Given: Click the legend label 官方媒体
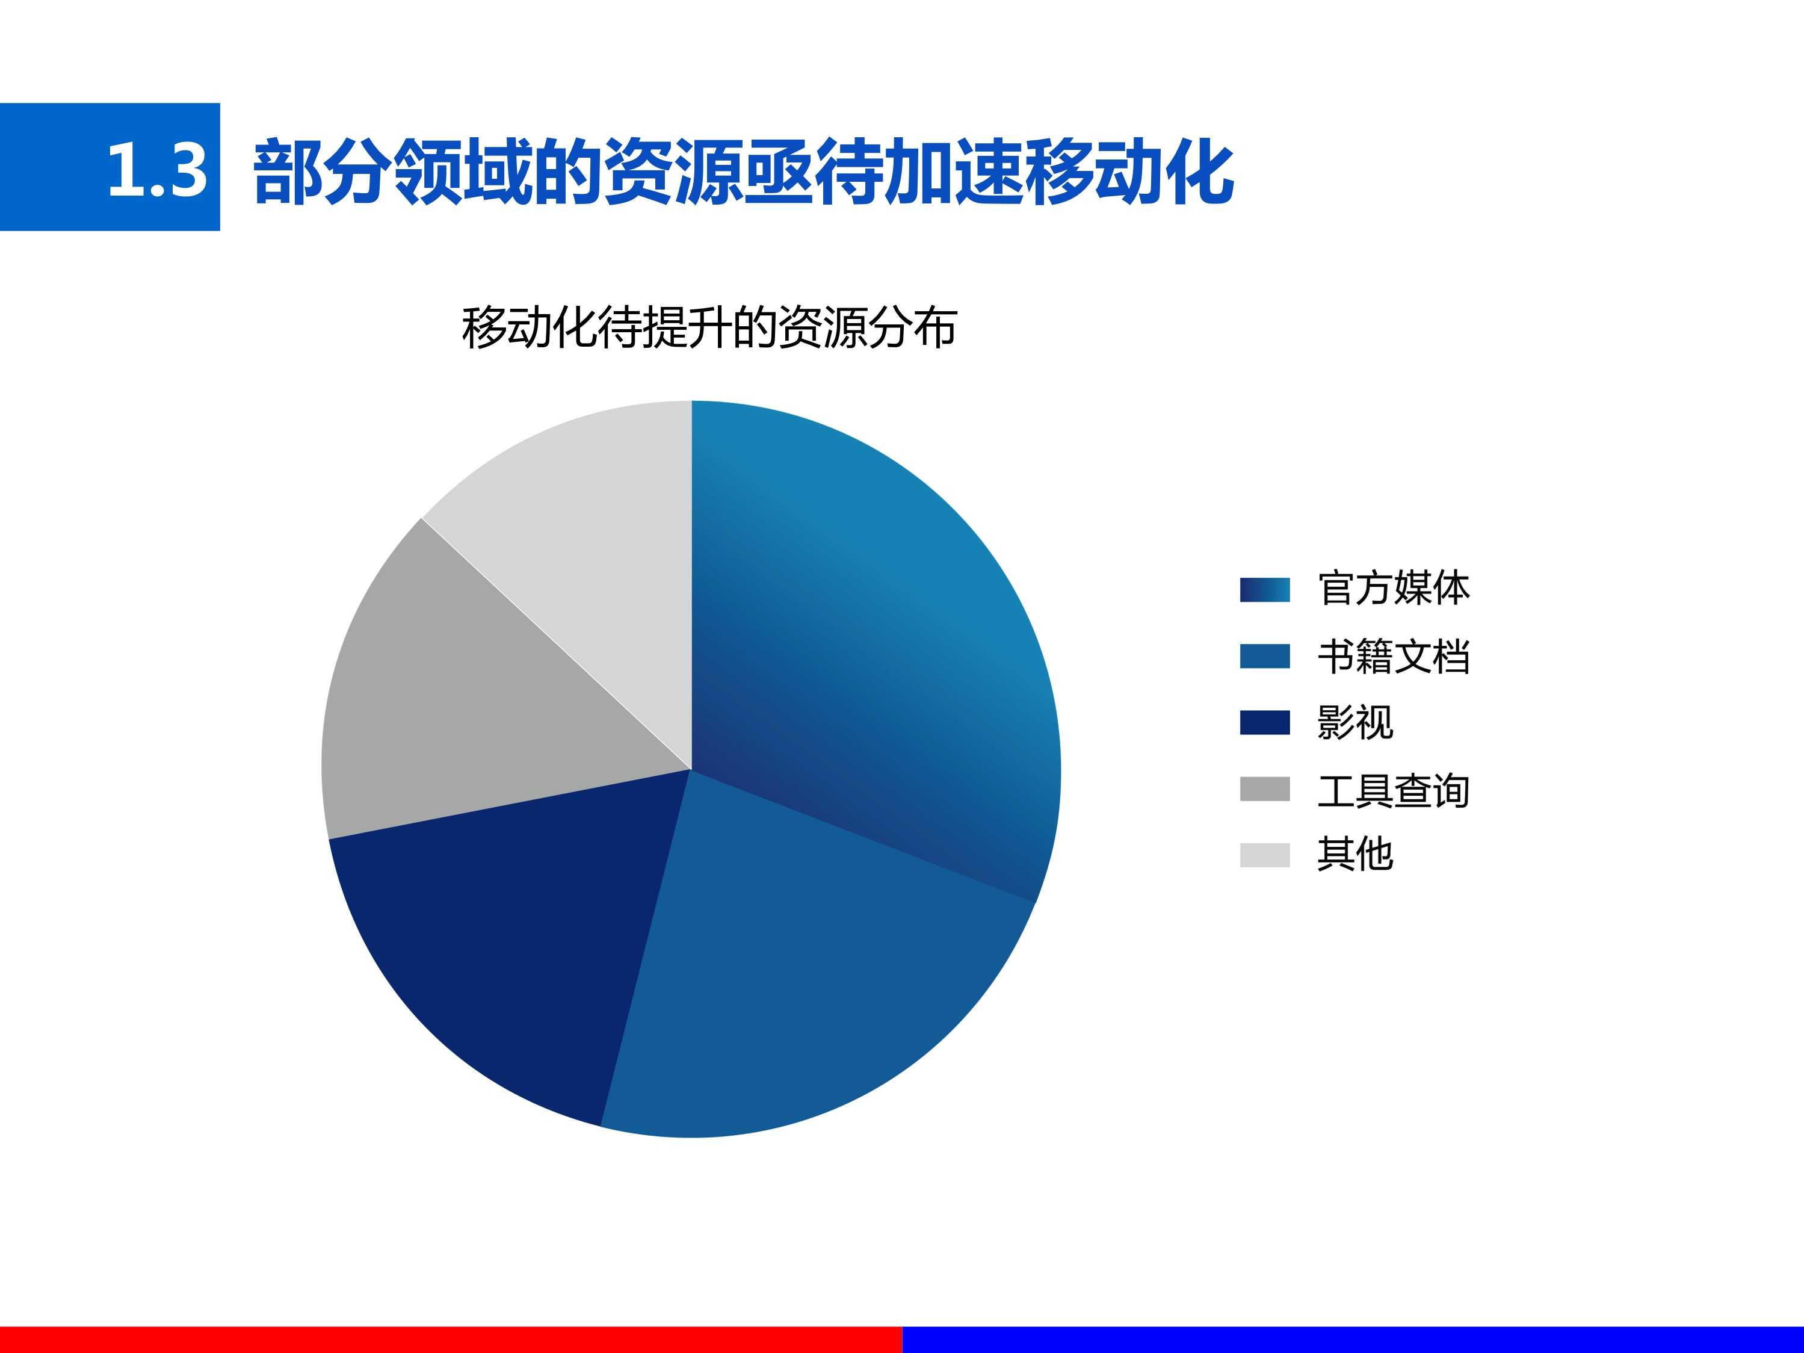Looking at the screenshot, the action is (1393, 589).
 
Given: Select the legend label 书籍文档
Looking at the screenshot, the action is (1393, 657).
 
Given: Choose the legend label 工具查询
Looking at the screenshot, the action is (1393, 790).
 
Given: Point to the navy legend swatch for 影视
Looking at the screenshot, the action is (1265, 723).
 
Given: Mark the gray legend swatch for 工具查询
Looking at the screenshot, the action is (1265, 790).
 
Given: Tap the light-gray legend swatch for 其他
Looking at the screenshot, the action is (1265, 855).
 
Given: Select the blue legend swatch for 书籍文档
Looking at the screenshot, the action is (1265, 657).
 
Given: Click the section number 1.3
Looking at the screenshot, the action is (158, 170).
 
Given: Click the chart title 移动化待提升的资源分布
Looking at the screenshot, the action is (709, 328).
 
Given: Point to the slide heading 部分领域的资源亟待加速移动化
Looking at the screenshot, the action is (743, 172).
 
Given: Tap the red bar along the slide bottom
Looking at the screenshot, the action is (451, 1340).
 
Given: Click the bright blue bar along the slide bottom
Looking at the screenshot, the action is (1353, 1340).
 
